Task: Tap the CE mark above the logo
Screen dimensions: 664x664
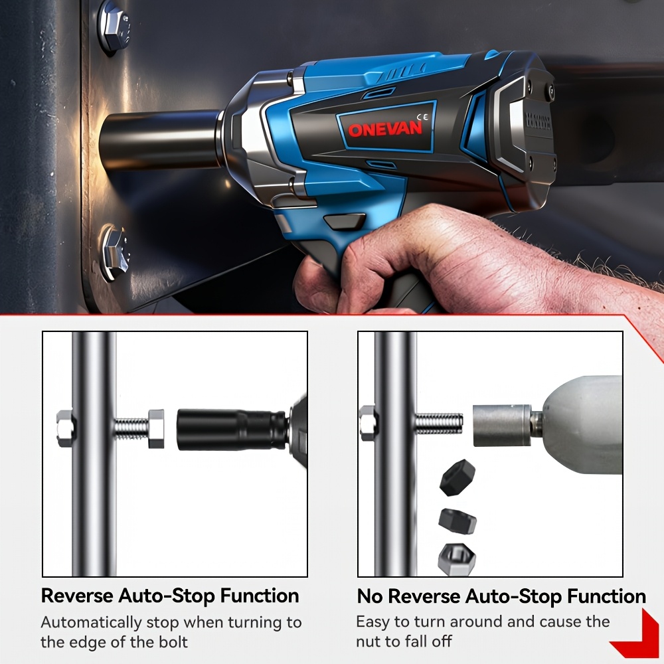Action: (x=422, y=118)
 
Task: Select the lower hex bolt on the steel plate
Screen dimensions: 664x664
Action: (x=114, y=252)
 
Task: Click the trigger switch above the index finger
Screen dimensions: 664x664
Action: (x=344, y=222)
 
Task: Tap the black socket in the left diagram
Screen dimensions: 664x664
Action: (x=232, y=430)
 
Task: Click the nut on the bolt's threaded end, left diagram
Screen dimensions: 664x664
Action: (x=156, y=428)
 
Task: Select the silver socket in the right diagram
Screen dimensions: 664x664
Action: (x=501, y=425)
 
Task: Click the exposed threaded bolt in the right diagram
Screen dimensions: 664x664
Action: (x=439, y=425)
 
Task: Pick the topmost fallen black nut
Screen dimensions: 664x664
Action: (x=457, y=477)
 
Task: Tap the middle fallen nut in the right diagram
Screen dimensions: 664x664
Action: (x=457, y=521)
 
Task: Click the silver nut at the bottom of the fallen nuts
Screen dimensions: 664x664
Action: (x=457, y=559)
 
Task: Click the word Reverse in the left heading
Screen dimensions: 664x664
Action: (x=77, y=596)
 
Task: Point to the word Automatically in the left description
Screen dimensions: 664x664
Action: (x=91, y=623)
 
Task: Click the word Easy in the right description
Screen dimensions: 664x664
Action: (x=373, y=622)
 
